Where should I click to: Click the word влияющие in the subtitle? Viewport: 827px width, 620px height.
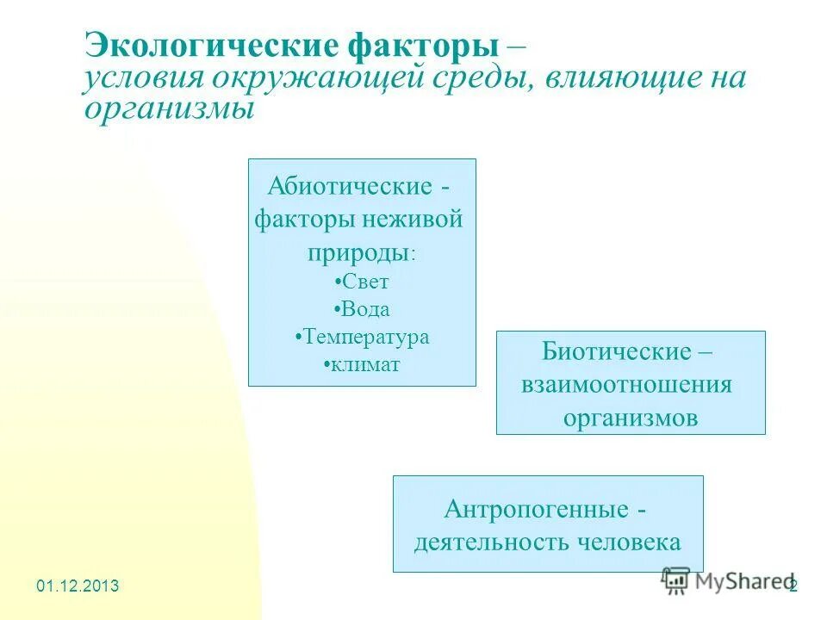click(619, 78)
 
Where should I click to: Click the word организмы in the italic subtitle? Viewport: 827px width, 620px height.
click(170, 109)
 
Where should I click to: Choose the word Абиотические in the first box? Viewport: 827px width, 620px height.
click(351, 186)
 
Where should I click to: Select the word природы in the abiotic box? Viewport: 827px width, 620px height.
click(357, 252)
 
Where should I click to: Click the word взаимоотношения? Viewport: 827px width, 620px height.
click(626, 384)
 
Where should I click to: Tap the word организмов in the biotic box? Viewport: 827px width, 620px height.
click(631, 418)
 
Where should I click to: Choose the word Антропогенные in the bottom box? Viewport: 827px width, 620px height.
click(536, 509)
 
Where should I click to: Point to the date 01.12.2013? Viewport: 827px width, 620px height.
click(78, 586)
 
